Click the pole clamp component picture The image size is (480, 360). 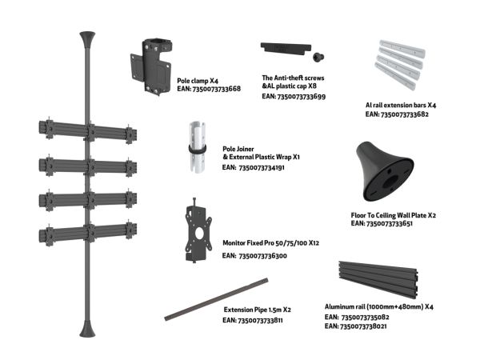[150, 66]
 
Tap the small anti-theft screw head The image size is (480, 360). [318, 57]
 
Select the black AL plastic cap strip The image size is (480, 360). [286, 49]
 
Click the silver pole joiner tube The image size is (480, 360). [197, 147]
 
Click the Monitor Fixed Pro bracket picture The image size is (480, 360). [198, 230]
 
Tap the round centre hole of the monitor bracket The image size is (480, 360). [199, 234]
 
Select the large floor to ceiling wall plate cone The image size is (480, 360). [385, 171]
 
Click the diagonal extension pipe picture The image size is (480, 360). [216, 299]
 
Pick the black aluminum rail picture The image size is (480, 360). [378, 279]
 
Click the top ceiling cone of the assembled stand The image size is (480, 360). [87, 39]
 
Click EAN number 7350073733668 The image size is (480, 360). [217, 89]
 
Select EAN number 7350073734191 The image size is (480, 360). [262, 168]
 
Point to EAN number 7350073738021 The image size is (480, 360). [363, 326]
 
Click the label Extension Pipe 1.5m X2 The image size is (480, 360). [257, 310]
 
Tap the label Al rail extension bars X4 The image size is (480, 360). [401, 106]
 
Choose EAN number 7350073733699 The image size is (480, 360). [302, 97]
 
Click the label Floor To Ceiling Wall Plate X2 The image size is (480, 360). [394, 215]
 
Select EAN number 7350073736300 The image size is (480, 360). [262, 256]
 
